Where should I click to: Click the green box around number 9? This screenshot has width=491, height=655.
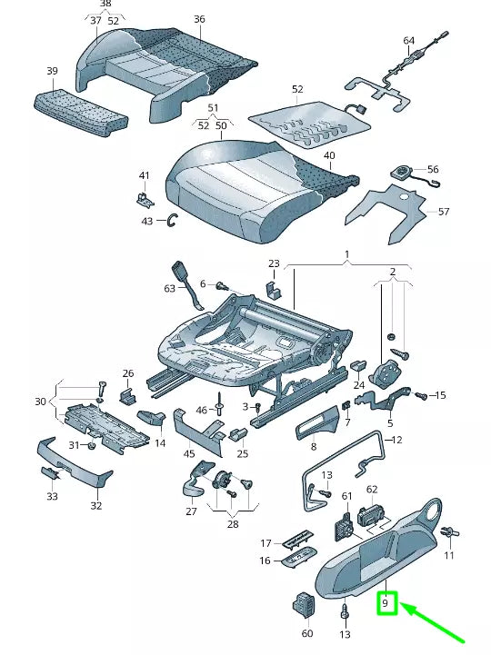[386, 603]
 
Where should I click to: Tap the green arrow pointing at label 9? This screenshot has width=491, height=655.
[433, 622]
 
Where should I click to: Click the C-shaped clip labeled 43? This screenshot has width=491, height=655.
[173, 221]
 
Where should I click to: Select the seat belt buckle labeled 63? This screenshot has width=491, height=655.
[187, 284]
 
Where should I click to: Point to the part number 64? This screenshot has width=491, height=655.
[408, 41]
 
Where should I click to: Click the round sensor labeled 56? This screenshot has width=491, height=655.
[403, 172]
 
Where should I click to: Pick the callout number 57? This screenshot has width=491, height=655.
[444, 212]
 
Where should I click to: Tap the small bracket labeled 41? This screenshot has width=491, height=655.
[145, 199]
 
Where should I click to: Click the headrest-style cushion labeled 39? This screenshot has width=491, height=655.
[81, 112]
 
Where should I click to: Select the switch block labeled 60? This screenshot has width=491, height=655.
[304, 606]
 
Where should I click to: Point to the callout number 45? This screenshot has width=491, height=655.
[189, 453]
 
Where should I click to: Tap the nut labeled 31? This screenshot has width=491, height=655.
[93, 445]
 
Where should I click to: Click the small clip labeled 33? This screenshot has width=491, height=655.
[53, 473]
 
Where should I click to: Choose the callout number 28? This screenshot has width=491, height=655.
[233, 524]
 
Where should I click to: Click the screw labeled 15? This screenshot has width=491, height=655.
[421, 395]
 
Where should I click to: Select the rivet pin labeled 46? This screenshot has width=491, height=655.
[218, 404]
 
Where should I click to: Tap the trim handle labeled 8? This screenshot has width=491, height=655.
[317, 423]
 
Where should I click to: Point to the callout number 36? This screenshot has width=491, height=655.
[199, 19]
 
